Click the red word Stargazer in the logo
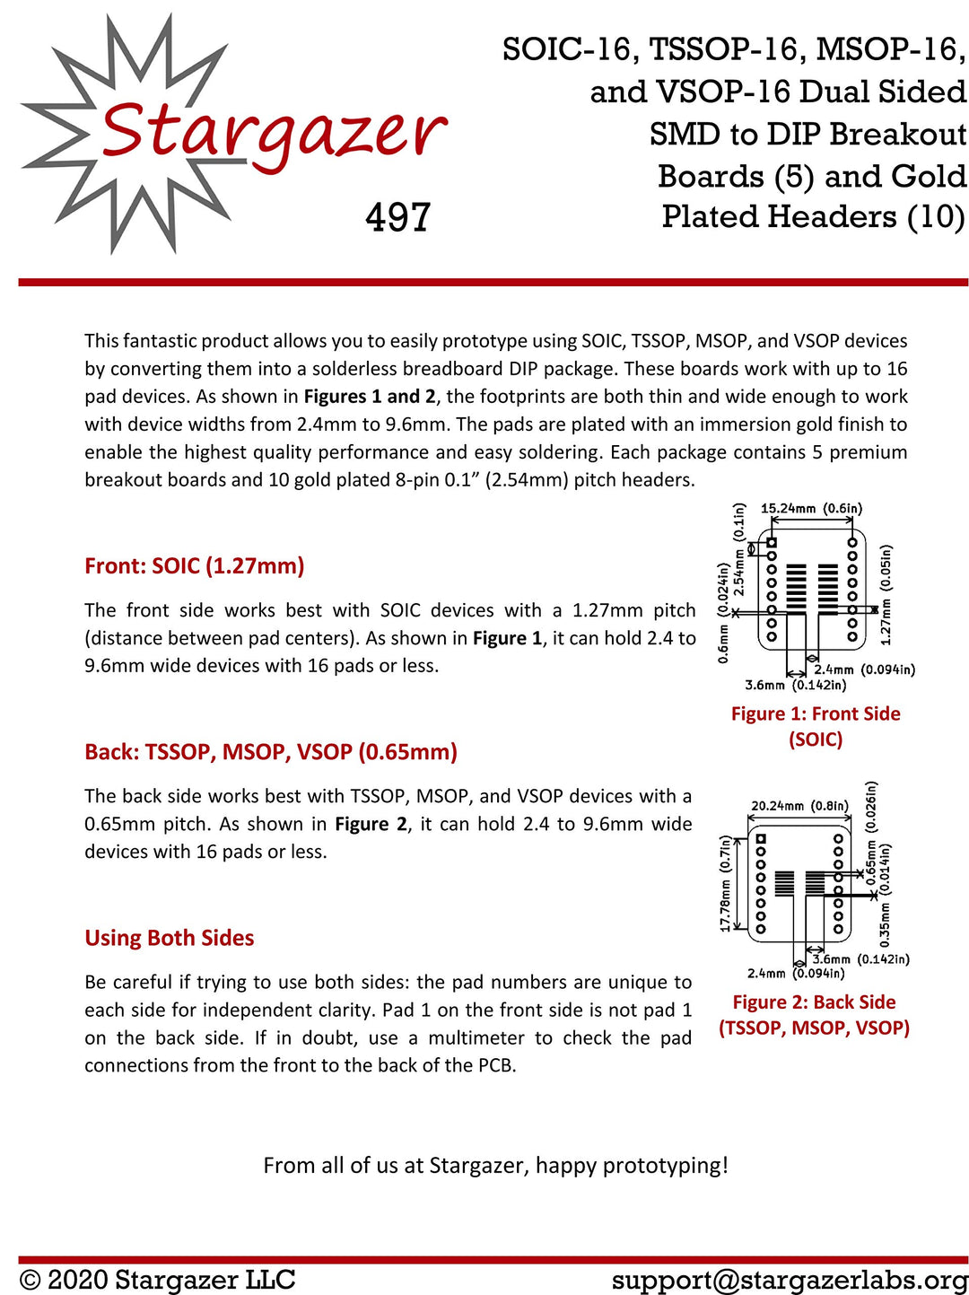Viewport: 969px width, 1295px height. click(274, 130)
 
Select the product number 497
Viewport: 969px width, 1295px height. click(398, 217)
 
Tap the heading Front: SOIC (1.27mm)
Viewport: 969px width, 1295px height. click(195, 566)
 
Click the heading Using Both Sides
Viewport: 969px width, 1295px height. click(170, 938)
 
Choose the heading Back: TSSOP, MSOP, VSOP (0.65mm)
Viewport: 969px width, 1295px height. click(271, 752)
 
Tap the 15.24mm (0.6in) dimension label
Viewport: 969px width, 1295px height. click(811, 509)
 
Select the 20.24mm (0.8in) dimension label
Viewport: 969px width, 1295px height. click(799, 806)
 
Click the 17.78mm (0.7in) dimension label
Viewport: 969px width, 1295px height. click(725, 883)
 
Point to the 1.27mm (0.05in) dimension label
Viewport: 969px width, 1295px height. click(886, 594)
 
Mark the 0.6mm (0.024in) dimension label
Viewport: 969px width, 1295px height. click(723, 612)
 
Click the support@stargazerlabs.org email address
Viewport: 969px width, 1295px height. click(790, 1279)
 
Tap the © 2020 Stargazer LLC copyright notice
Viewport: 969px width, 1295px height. click(158, 1279)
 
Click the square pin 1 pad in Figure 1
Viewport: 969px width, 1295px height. click(771, 543)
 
